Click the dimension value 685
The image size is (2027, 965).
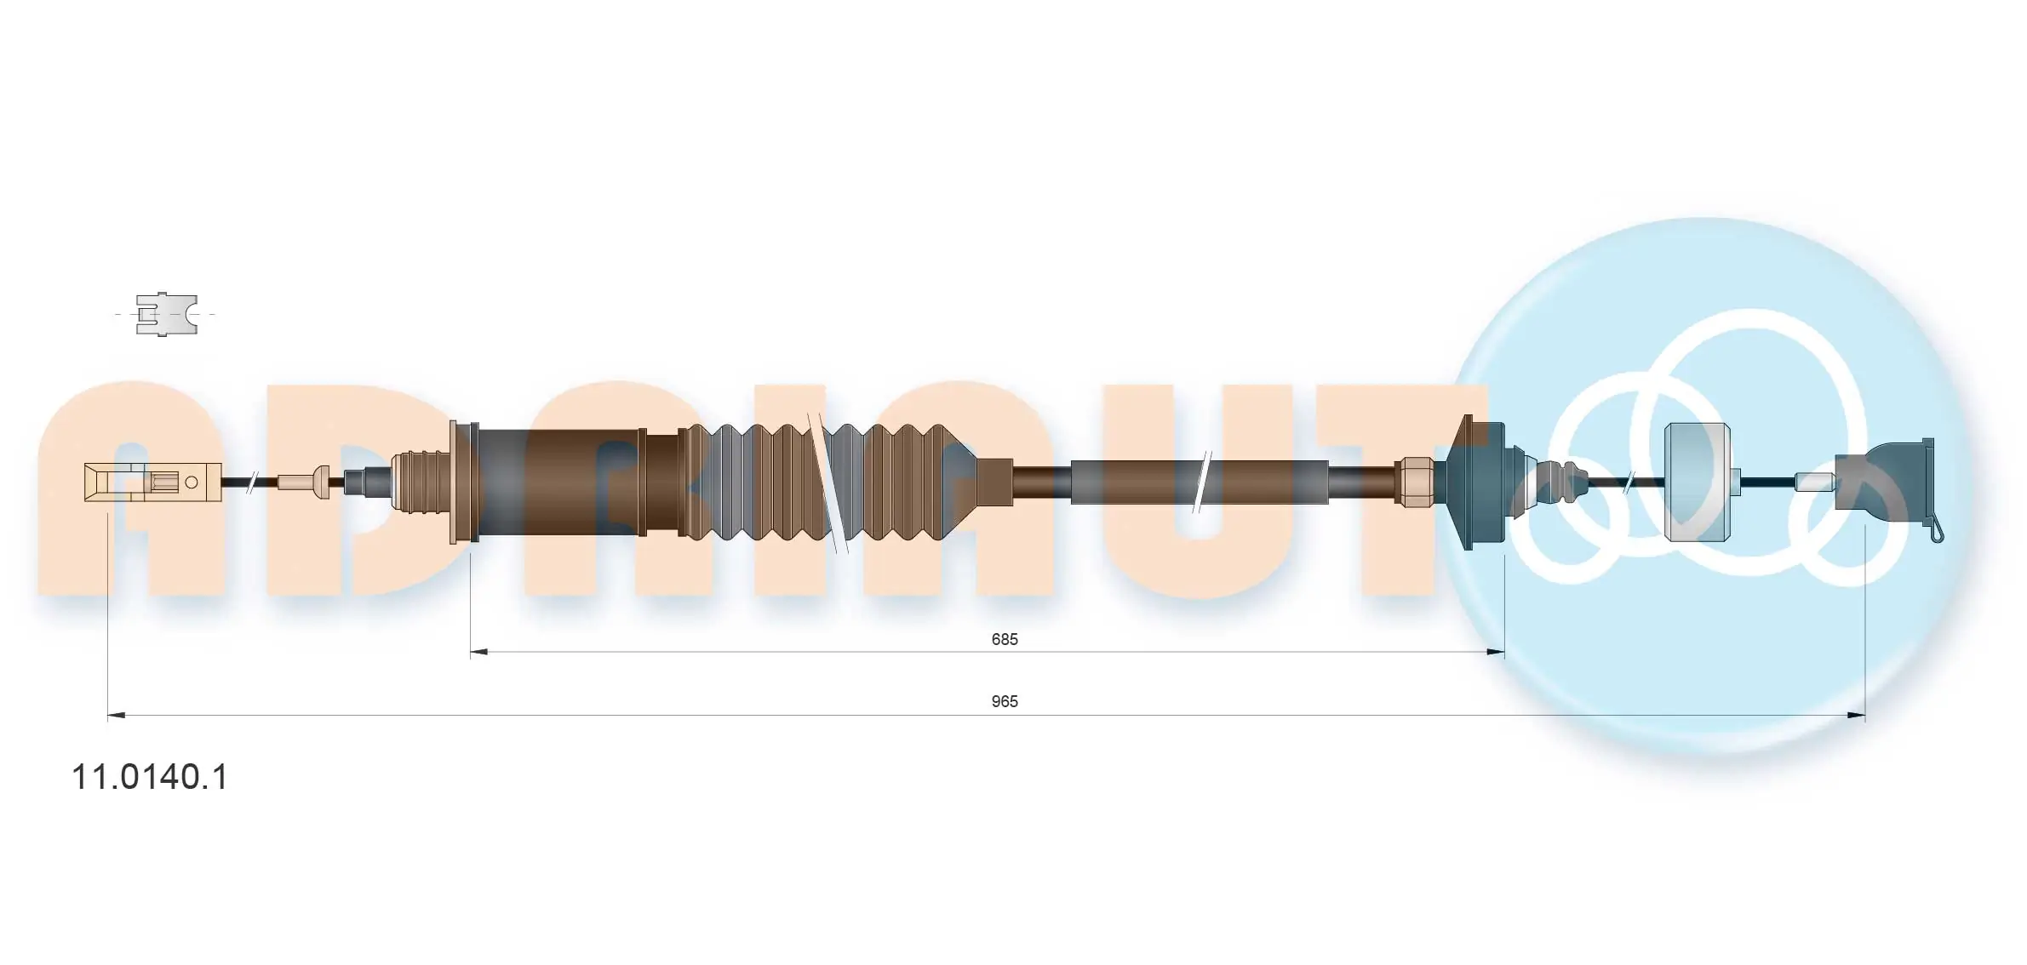point(1004,639)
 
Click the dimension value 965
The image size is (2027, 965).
point(1004,701)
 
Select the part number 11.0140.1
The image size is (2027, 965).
point(150,777)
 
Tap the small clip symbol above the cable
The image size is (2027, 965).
point(167,314)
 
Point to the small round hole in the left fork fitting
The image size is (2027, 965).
point(192,482)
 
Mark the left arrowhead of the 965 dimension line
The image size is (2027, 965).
point(117,716)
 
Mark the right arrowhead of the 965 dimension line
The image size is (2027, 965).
point(1856,716)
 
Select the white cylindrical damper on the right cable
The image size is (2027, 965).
point(1697,482)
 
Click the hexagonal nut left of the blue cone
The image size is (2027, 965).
point(1412,482)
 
